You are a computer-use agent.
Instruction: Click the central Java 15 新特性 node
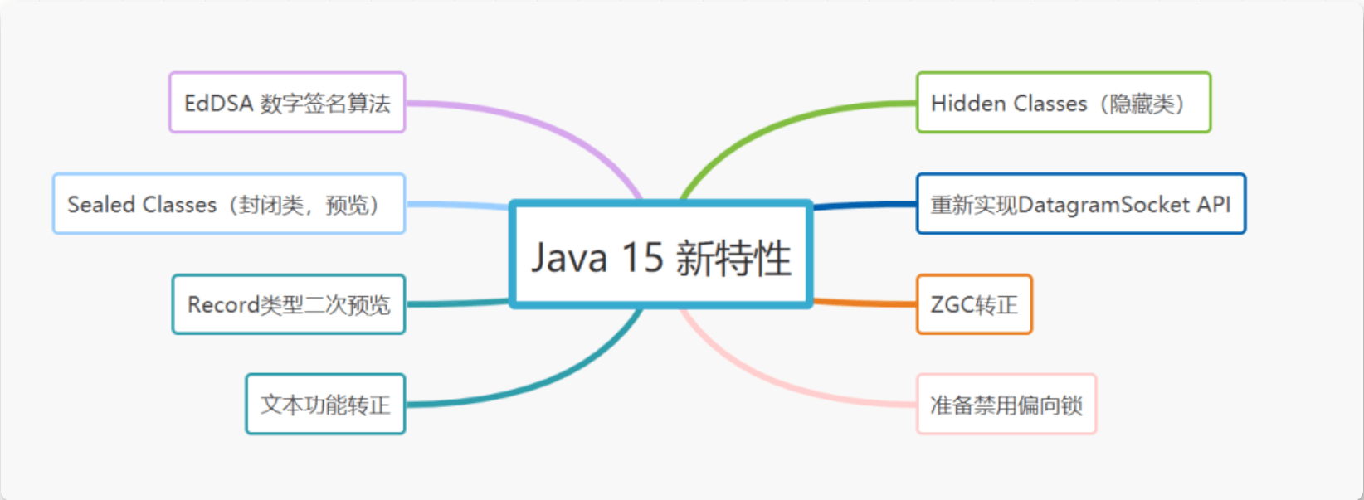660,255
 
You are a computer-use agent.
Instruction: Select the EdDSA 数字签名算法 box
287,103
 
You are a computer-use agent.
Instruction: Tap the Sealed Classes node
228,204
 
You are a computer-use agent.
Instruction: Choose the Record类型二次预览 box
289,304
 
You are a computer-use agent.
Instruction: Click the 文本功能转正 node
325,405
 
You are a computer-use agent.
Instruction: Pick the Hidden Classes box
1063,103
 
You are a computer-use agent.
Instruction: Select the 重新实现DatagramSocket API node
1080,204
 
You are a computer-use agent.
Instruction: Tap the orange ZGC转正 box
974,304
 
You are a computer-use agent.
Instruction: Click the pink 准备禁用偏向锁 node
1006,405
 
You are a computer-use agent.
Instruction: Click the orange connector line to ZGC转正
863,303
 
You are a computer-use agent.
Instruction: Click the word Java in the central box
568,257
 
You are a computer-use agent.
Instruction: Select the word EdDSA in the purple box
217,104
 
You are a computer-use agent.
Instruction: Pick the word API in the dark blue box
1213,204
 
